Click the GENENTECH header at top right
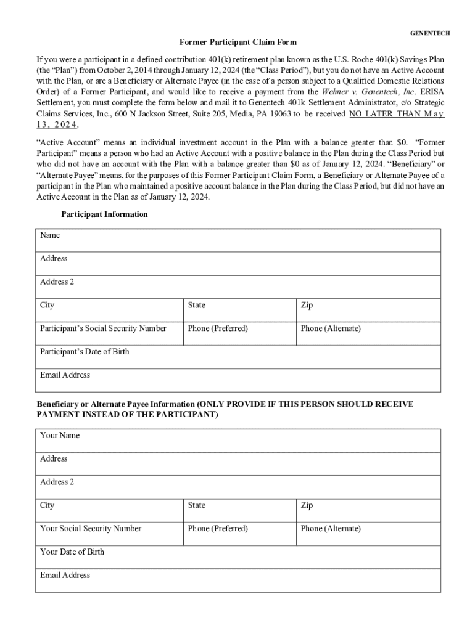coord(430,32)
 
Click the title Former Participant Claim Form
coord(238,43)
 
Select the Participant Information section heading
coord(104,214)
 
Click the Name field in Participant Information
coord(238,240)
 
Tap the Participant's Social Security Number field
coord(109,333)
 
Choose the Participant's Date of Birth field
coord(238,357)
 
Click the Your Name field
coord(238,441)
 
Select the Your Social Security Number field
coord(109,534)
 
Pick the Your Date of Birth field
coord(238,557)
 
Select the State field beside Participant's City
coord(240,311)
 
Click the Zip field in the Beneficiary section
coord(368,511)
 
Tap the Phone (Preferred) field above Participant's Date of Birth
coord(240,333)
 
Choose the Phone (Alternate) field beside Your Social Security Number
coord(368,534)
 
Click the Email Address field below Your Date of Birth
coord(238,580)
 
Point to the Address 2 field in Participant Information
coord(238,287)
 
